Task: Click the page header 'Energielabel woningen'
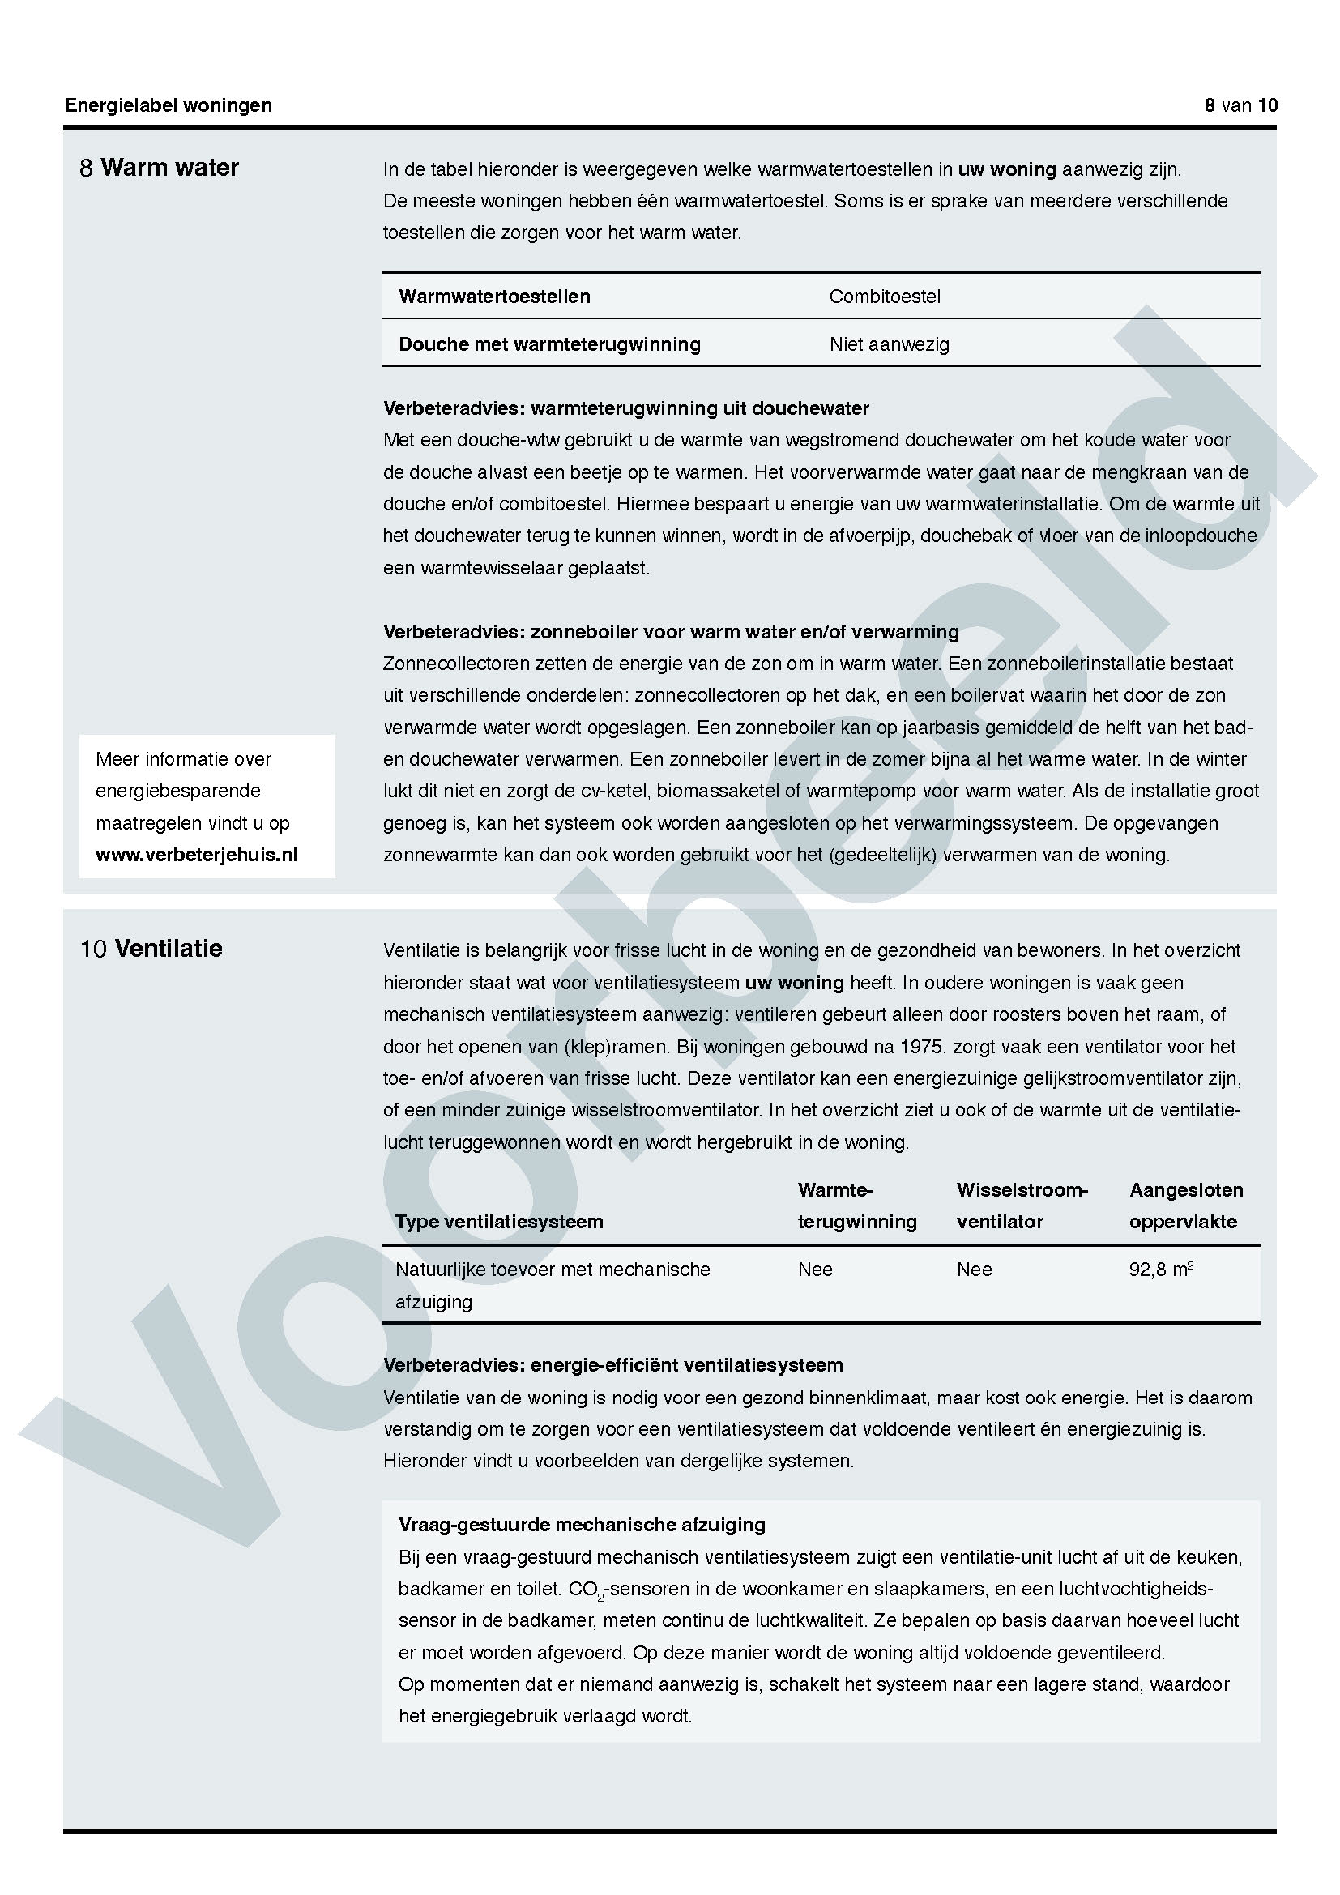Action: [x=169, y=105]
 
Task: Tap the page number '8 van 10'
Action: [x=1240, y=105]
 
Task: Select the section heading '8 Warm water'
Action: [x=160, y=168]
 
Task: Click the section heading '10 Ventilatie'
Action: [x=151, y=949]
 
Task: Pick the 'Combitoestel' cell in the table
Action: [x=884, y=297]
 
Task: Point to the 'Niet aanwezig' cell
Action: [x=889, y=344]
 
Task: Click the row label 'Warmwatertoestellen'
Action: [x=494, y=297]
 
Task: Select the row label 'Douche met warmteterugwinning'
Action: [x=549, y=344]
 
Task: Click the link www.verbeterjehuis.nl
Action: [x=196, y=854]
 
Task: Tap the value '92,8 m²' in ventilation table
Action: [x=1160, y=1270]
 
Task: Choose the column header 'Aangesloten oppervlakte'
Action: [x=1185, y=1206]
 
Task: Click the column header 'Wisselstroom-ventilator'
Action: [x=1022, y=1206]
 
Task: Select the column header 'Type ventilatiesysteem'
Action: [x=499, y=1222]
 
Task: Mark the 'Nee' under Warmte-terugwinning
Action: [x=814, y=1270]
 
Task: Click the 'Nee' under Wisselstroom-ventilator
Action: [x=974, y=1270]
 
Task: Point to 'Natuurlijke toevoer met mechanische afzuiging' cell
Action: [x=552, y=1284]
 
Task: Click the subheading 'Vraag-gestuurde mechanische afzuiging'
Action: [x=582, y=1525]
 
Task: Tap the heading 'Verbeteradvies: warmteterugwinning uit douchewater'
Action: [x=625, y=408]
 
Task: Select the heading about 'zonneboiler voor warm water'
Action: [x=670, y=632]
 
